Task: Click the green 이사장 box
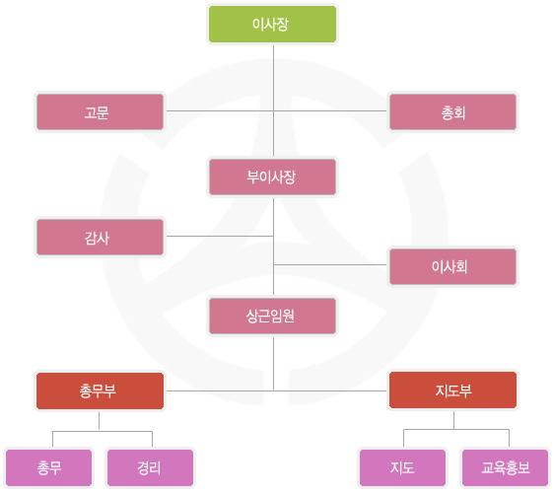click(x=272, y=24)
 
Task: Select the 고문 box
click(x=100, y=112)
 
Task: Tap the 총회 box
click(x=452, y=112)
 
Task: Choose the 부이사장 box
click(x=272, y=177)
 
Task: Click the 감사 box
click(x=100, y=237)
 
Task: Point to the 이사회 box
click(x=452, y=266)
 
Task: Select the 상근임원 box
click(x=272, y=316)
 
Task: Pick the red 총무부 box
click(x=100, y=390)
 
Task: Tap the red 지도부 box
click(x=452, y=390)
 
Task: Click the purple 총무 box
click(x=48, y=467)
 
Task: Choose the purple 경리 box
click(x=150, y=467)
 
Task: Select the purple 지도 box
click(x=402, y=467)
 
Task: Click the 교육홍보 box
click(x=506, y=467)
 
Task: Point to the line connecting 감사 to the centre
click(x=220, y=236)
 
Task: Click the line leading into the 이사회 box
click(x=330, y=264)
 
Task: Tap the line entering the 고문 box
click(x=220, y=111)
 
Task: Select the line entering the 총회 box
click(x=330, y=111)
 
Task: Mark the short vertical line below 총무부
click(x=99, y=421)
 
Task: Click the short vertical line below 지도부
click(x=454, y=420)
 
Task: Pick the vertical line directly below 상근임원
click(x=273, y=364)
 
